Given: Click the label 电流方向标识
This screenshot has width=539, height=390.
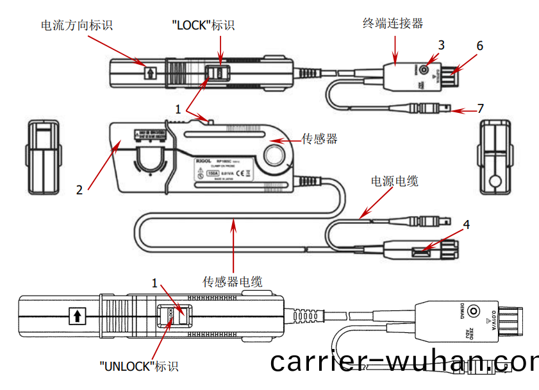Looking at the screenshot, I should (76, 25).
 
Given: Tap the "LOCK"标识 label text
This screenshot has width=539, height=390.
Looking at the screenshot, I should (203, 25).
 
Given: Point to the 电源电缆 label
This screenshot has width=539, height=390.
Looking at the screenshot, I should (395, 182).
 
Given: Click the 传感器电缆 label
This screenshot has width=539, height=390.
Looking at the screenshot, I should (233, 282).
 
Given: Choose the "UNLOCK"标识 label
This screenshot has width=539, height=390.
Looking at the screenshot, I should (138, 366).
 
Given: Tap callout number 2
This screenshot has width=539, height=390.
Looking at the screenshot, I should (79, 190).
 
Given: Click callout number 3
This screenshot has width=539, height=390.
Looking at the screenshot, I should (441, 45).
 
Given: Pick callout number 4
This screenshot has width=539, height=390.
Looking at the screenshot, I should (467, 225).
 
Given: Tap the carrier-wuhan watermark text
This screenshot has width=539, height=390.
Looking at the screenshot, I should (404, 363).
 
